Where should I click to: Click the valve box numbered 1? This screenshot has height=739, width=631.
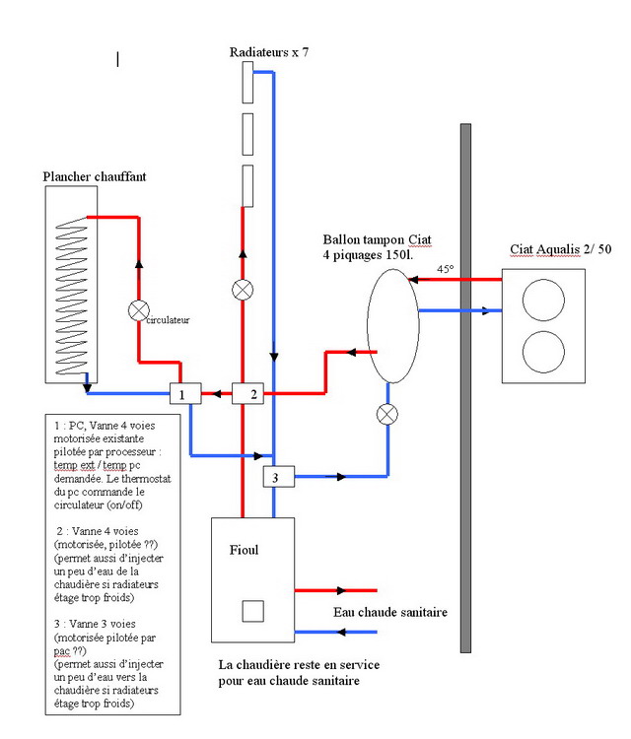tap(184, 393)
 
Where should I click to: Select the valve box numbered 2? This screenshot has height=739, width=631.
tap(247, 393)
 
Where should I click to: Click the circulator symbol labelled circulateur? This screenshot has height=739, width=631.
tap(138, 311)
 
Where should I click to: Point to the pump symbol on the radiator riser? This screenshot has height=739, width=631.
tap(242, 290)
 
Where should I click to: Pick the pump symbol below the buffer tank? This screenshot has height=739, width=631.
tap(387, 414)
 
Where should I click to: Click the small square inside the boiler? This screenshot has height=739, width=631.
tap(252, 611)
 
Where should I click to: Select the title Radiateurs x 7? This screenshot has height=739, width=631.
tap(269, 51)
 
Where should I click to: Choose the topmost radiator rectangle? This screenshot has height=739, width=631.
tap(247, 84)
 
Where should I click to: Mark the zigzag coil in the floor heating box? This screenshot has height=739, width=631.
tap(68, 296)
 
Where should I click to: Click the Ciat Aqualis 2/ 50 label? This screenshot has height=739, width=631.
tap(560, 248)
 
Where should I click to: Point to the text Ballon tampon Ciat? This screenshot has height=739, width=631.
tap(377, 239)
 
